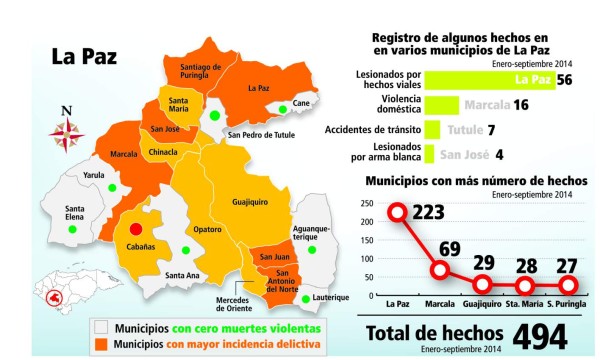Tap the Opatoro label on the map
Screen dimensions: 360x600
coord(208,230)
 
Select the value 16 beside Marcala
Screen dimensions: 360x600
coord(520,104)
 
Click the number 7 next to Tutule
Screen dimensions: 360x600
coord(492,130)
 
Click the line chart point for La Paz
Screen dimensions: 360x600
coord(398,212)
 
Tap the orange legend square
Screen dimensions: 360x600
coord(101,346)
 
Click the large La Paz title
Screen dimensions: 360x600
coord(85,57)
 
